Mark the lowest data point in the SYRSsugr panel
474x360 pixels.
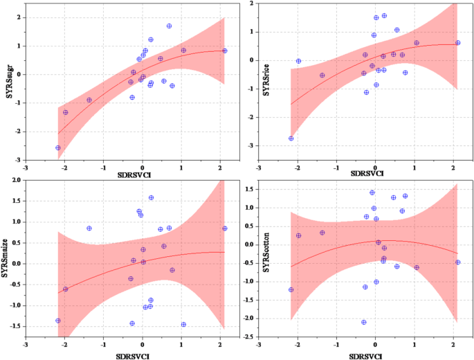pyautogui.click(x=58, y=147)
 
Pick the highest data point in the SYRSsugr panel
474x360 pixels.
pyautogui.click(x=169, y=26)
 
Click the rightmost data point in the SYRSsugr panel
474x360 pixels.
pyautogui.click(x=225, y=51)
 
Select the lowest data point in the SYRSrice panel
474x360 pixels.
pyautogui.click(x=291, y=138)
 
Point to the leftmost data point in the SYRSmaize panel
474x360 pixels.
pyautogui.click(x=58, y=321)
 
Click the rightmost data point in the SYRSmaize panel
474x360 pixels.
pyautogui.click(x=225, y=228)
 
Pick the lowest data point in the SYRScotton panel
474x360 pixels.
pyautogui.click(x=363, y=322)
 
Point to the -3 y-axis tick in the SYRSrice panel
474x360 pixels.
pyautogui.click(x=252, y=146)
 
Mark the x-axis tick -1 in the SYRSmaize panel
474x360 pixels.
pyautogui.click(x=103, y=342)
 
